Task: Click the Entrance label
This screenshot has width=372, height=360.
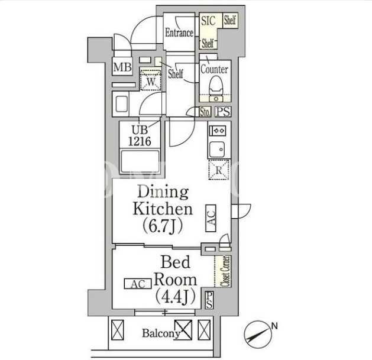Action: click(179, 33)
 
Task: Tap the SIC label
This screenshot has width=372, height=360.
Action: click(208, 21)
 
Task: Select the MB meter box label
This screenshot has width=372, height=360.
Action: click(122, 67)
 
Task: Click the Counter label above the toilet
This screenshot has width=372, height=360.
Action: click(215, 69)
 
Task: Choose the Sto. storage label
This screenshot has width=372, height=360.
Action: click(205, 112)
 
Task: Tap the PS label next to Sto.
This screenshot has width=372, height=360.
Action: click(223, 112)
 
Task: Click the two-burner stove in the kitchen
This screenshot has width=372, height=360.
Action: click(218, 131)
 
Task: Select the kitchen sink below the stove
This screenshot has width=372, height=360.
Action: click(216, 150)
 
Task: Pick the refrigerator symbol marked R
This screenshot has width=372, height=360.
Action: click(219, 170)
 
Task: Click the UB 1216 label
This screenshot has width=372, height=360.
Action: click(140, 135)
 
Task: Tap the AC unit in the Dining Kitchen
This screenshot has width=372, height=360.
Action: click(211, 218)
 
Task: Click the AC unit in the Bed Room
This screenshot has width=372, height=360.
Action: click(138, 284)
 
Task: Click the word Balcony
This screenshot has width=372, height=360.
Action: click(161, 333)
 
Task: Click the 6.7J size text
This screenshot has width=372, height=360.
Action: click(163, 226)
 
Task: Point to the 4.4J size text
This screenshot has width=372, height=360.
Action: click(176, 296)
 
